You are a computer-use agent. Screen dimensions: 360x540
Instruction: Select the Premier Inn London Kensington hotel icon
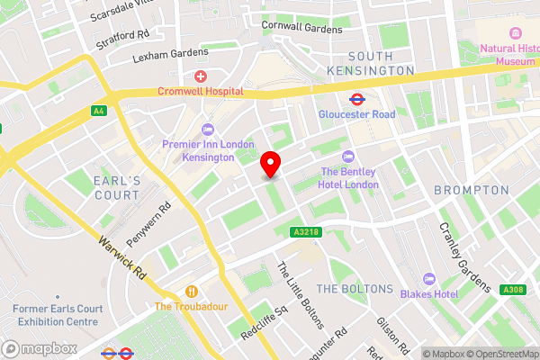(x=209, y=129)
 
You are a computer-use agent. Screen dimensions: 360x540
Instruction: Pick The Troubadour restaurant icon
(x=192, y=292)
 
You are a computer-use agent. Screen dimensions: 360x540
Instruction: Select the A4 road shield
(x=98, y=112)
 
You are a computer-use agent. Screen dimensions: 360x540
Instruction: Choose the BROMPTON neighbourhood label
(x=471, y=190)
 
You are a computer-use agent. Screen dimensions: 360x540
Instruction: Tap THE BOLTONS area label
(x=355, y=289)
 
